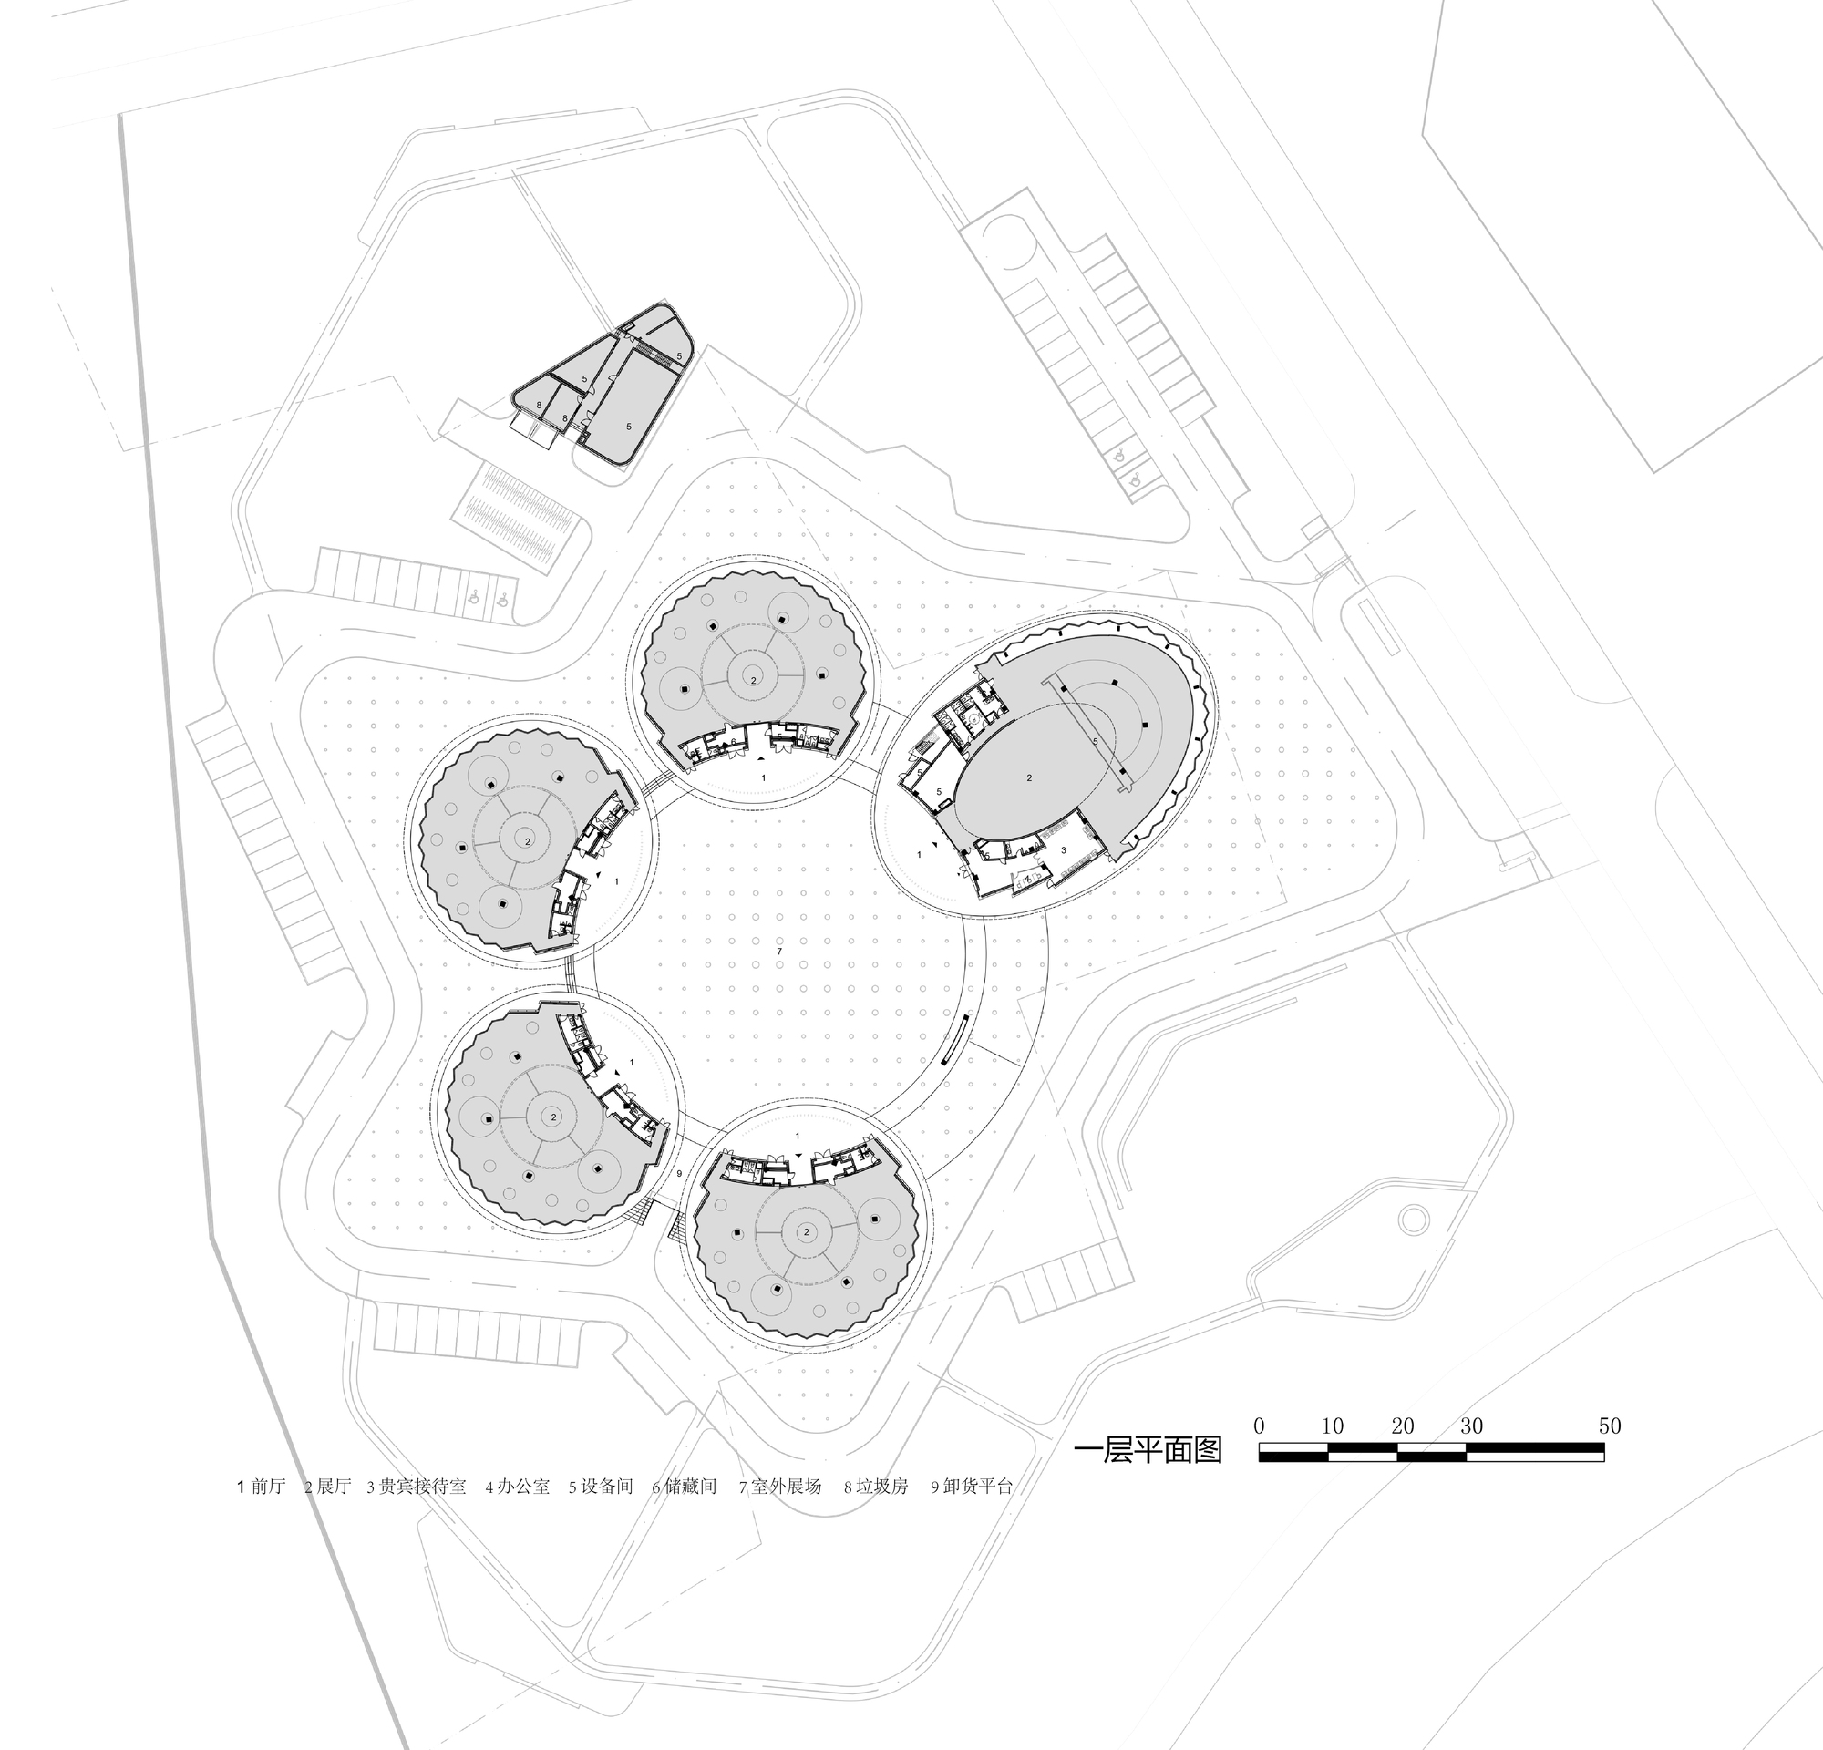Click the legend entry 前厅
tap(262, 1486)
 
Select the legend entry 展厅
tap(328, 1486)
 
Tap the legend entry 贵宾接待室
tap(417, 1486)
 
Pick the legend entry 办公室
tap(518, 1486)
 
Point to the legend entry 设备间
tap(602, 1486)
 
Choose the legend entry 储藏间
tap(685, 1486)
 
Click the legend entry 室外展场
tap(781, 1486)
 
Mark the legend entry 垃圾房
tap(876, 1486)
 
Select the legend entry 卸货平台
tap(972, 1486)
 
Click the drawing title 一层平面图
tap(1148, 1449)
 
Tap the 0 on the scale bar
tap(1260, 1426)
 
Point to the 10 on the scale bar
tap(1332, 1426)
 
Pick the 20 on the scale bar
tap(1403, 1426)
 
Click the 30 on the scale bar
tap(1471, 1426)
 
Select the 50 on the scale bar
tap(1610, 1426)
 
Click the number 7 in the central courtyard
tap(779, 952)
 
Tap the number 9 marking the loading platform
tap(679, 1173)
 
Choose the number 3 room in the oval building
tap(1063, 849)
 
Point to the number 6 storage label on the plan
tap(734, 741)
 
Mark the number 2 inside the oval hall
tap(1029, 777)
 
